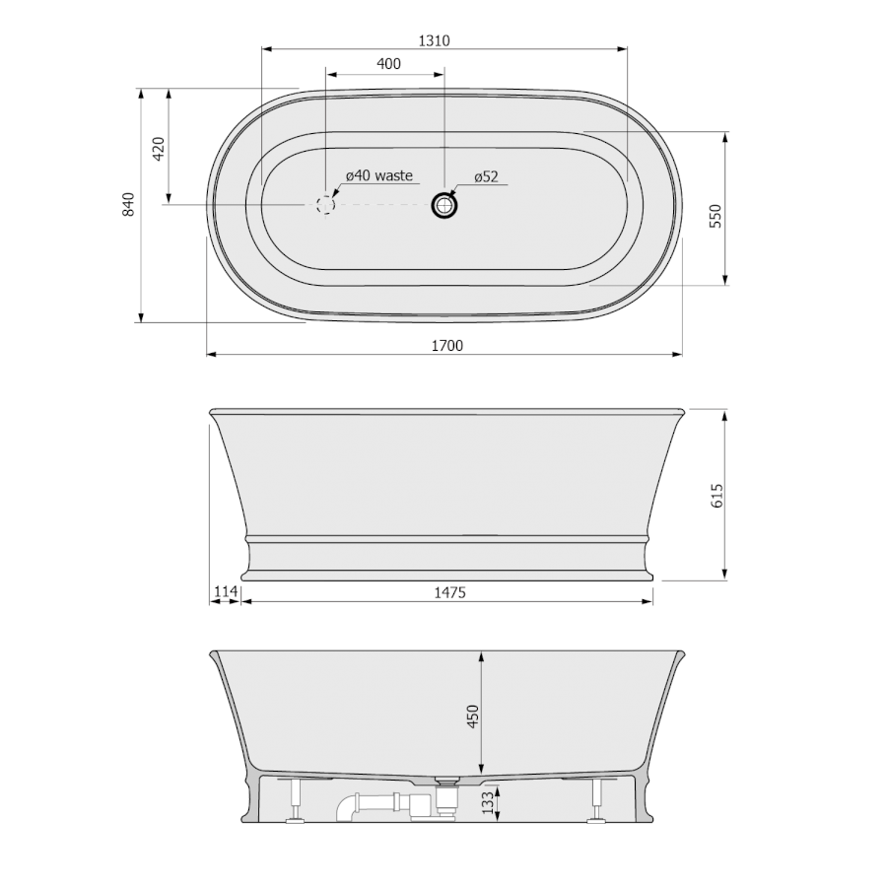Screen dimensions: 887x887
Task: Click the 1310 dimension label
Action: point(434,40)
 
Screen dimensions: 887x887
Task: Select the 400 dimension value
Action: point(388,63)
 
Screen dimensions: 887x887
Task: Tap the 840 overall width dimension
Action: point(129,204)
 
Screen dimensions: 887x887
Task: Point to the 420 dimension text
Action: point(159,149)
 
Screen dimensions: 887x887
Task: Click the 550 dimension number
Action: point(716,216)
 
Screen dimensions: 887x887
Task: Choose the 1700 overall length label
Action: point(446,346)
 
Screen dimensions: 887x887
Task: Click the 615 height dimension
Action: point(716,496)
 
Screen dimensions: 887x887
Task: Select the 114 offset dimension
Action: point(225,591)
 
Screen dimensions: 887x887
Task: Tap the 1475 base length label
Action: point(449,592)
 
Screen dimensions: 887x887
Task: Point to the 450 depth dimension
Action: point(473,716)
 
